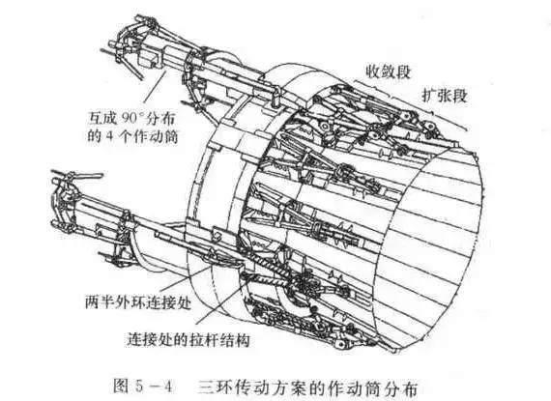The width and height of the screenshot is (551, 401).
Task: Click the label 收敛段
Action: coord(388,72)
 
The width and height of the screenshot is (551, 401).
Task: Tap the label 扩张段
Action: coord(444,95)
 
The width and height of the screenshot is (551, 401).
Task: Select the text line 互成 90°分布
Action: coord(131,119)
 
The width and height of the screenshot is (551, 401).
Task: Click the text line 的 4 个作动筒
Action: coord(132,136)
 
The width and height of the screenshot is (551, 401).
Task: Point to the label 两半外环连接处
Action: coord(138,302)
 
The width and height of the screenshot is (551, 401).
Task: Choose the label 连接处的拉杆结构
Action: coord(188,339)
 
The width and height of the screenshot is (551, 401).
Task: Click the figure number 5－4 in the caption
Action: coord(154,387)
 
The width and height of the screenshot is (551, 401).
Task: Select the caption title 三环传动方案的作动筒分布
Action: coord(307,387)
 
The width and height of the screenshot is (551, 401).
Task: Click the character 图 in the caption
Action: coord(121,387)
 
